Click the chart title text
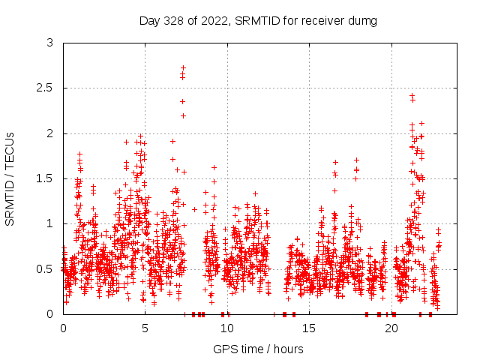pyautogui.click(x=258, y=19)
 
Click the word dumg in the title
pyautogui.click(x=362, y=19)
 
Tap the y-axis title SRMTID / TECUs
pyautogui.click(x=10, y=178)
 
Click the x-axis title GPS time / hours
pyautogui.click(x=258, y=349)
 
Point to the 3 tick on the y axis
pyautogui.click(x=49, y=43)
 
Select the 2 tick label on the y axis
pyautogui.click(x=49, y=133)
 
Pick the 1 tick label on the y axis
pyautogui.click(x=49, y=223)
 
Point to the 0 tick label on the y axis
pyautogui.click(x=49, y=313)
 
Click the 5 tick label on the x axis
pyautogui.click(x=145, y=328)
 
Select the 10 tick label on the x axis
pyautogui.click(x=227, y=328)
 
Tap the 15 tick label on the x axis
pyautogui.click(x=309, y=328)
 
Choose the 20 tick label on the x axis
pyautogui.click(x=391, y=328)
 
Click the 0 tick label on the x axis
pyautogui.click(x=63, y=328)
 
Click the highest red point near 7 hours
pyautogui.click(x=183, y=67)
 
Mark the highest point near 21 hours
pyautogui.click(x=412, y=95)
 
